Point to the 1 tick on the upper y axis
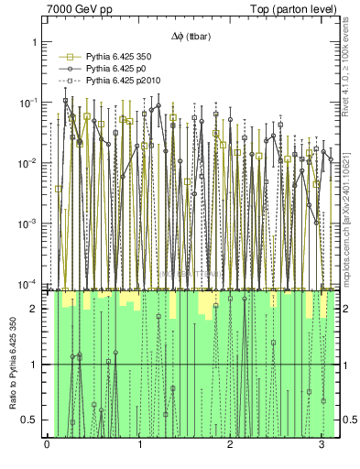coord(32,42)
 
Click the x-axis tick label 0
coord(47,446)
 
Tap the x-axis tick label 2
coord(231,446)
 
